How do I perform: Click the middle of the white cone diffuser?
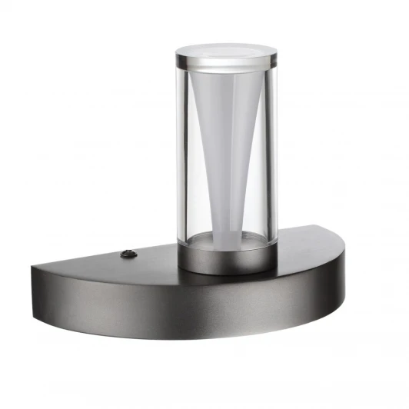tap(225, 146)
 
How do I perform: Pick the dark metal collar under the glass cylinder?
tap(225, 260)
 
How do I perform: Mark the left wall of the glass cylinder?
tap(181, 154)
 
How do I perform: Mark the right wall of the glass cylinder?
tap(270, 154)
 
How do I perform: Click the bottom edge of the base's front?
tap(192, 340)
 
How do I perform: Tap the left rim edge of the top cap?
tap(177, 55)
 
